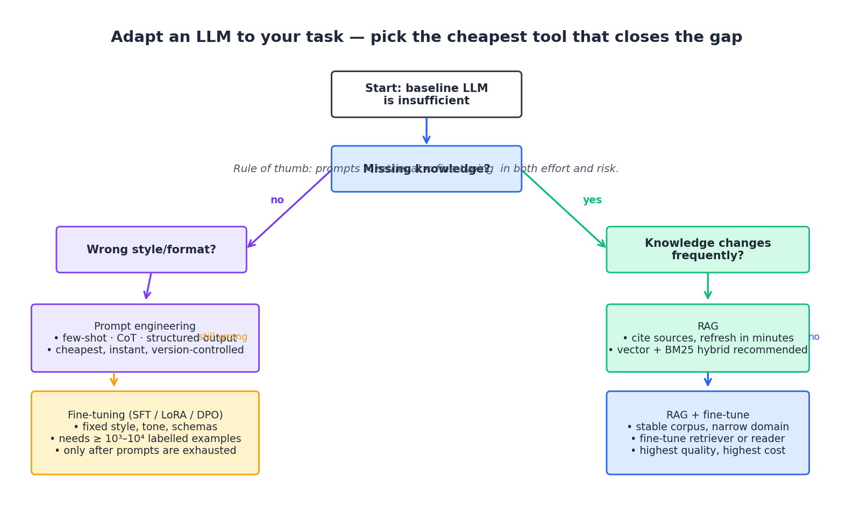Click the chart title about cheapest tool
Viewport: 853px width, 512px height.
(x=426, y=38)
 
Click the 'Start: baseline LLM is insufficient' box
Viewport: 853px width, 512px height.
(x=426, y=95)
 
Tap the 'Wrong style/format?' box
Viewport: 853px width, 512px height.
(x=151, y=250)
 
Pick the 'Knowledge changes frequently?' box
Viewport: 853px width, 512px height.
(x=707, y=250)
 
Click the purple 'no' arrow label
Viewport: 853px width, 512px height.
(x=277, y=201)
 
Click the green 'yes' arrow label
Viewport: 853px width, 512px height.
(x=592, y=201)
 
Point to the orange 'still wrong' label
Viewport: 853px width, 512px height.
(x=223, y=337)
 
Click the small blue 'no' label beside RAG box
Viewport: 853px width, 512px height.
(x=814, y=337)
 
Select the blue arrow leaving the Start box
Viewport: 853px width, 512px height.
(x=426, y=131)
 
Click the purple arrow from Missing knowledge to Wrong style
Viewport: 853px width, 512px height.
(x=289, y=209)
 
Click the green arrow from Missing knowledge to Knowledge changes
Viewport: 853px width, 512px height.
(x=564, y=209)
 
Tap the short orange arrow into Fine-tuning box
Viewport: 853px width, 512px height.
(x=114, y=380)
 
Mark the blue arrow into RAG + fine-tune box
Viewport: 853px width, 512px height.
(x=708, y=380)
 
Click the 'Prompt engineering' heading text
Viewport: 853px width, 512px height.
(x=145, y=326)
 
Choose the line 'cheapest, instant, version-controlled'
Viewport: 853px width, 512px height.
(x=145, y=350)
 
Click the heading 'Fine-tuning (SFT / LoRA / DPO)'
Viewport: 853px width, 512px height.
(x=145, y=415)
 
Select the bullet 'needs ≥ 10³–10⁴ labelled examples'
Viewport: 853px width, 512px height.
(x=145, y=439)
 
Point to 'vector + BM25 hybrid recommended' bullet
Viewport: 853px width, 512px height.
(x=708, y=350)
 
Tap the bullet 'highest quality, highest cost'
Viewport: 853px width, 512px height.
(x=708, y=451)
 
